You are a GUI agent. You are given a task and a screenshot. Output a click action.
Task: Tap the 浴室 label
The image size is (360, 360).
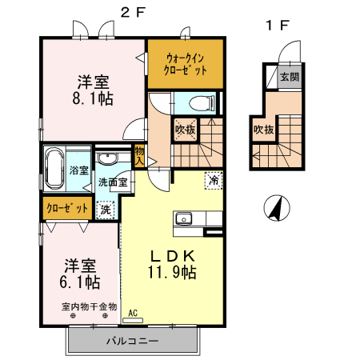point(78,170)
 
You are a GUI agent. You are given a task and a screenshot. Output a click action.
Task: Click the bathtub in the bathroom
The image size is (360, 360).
point(54,169)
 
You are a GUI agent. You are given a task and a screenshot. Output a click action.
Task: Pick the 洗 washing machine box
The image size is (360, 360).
point(105,209)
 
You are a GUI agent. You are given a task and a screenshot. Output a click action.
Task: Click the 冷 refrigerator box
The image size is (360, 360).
point(214,181)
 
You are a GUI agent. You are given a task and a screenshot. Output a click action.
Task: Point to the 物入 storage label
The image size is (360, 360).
point(139,156)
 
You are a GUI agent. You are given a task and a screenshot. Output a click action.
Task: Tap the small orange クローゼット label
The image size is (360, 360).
point(66,210)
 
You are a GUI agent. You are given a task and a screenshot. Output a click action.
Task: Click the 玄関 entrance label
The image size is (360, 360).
point(289,78)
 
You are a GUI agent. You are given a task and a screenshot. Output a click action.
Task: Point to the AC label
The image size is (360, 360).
point(133,313)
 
